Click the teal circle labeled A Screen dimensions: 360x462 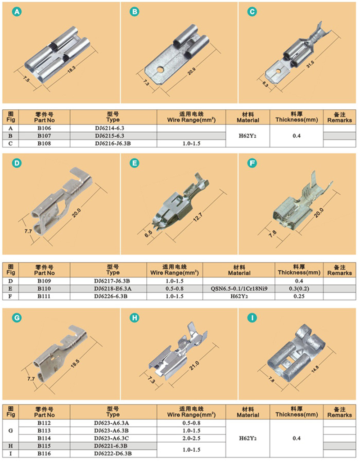coord(17,12)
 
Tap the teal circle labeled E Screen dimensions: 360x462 coord(135,163)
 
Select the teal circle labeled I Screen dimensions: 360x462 coord(252,318)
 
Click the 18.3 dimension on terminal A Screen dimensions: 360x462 coord(72,70)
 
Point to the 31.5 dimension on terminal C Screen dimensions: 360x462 coord(310,64)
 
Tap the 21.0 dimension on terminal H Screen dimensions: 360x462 coord(194,365)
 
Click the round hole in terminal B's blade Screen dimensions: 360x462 coord(160,70)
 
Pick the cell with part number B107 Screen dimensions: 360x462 coord(44,136)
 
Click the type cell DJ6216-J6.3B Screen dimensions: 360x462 coord(113,144)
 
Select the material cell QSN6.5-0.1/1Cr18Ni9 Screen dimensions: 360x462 coord(239,289)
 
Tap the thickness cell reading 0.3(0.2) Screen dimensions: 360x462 coord(299,289)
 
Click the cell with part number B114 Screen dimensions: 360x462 coord(44,438)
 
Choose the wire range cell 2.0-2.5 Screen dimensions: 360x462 coord(191,438)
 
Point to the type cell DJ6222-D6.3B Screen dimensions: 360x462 coord(113,453)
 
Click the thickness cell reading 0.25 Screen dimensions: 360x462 coord(299,296)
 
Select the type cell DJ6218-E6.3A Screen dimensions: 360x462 coord(113,289)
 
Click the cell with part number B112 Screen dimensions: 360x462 coord(44,423)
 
